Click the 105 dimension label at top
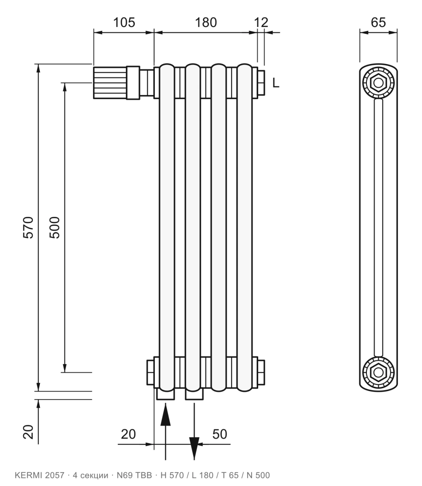coord(124,22)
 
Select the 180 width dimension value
coord(206,22)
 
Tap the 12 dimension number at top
coord(261,22)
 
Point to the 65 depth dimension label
coord(378,22)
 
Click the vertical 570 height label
coord(28,227)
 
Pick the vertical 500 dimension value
coord(55,227)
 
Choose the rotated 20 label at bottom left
coord(28,432)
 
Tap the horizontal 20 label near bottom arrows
coord(128,434)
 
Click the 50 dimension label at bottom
coord(219,434)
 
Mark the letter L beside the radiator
coord(276,83)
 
